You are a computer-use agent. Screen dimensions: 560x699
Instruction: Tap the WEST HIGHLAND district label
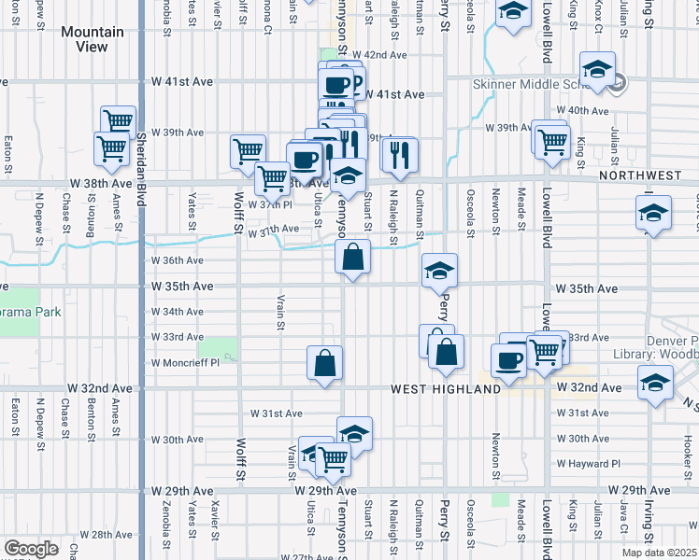pyautogui.click(x=445, y=388)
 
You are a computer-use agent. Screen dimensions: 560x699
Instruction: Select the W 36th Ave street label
pyautogui.click(x=178, y=260)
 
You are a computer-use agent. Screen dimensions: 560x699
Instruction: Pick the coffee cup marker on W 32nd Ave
pyautogui.click(x=508, y=360)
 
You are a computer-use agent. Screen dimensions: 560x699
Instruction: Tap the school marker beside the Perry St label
pyautogui.click(x=439, y=271)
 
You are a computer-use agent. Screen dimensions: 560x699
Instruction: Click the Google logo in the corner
pyautogui.click(x=31, y=549)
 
